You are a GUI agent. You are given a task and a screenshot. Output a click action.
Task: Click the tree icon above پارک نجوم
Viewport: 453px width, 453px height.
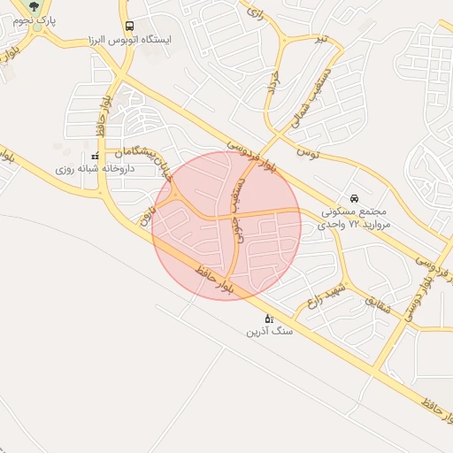click(x=35, y=8)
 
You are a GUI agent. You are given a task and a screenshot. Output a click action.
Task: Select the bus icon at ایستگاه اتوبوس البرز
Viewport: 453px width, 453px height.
click(x=130, y=27)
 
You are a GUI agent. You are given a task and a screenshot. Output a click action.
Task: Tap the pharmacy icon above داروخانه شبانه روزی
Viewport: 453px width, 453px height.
click(x=94, y=156)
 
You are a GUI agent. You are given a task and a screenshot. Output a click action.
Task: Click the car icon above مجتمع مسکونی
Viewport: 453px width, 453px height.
click(x=354, y=198)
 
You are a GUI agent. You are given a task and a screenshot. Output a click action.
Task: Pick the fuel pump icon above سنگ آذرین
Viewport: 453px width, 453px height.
click(x=269, y=318)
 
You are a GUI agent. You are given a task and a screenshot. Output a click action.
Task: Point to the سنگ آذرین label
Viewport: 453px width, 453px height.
click(x=268, y=332)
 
